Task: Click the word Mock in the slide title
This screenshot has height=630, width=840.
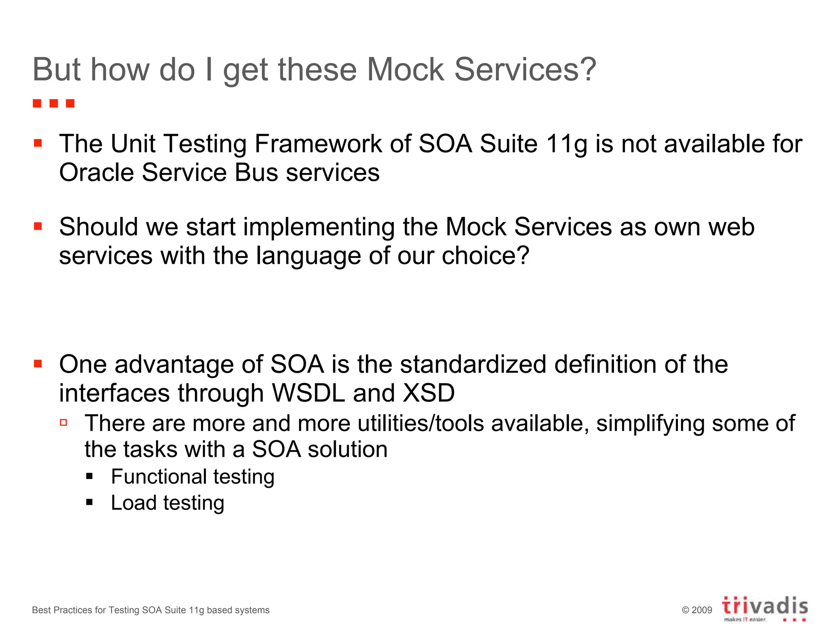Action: (405, 70)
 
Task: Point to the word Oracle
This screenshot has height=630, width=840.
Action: (97, 172)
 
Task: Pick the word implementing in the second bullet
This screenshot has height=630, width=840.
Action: (319, 227)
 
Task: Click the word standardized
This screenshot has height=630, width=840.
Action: (473, 364)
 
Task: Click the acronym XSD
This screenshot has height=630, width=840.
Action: (429, 393)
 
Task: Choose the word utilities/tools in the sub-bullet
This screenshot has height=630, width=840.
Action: (420, 423)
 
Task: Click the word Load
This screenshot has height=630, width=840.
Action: (134, 503)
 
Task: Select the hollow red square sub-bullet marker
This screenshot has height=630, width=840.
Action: (64, 422)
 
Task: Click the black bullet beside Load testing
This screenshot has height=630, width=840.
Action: (90, 502)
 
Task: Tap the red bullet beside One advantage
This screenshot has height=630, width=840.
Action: (38, 363)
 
